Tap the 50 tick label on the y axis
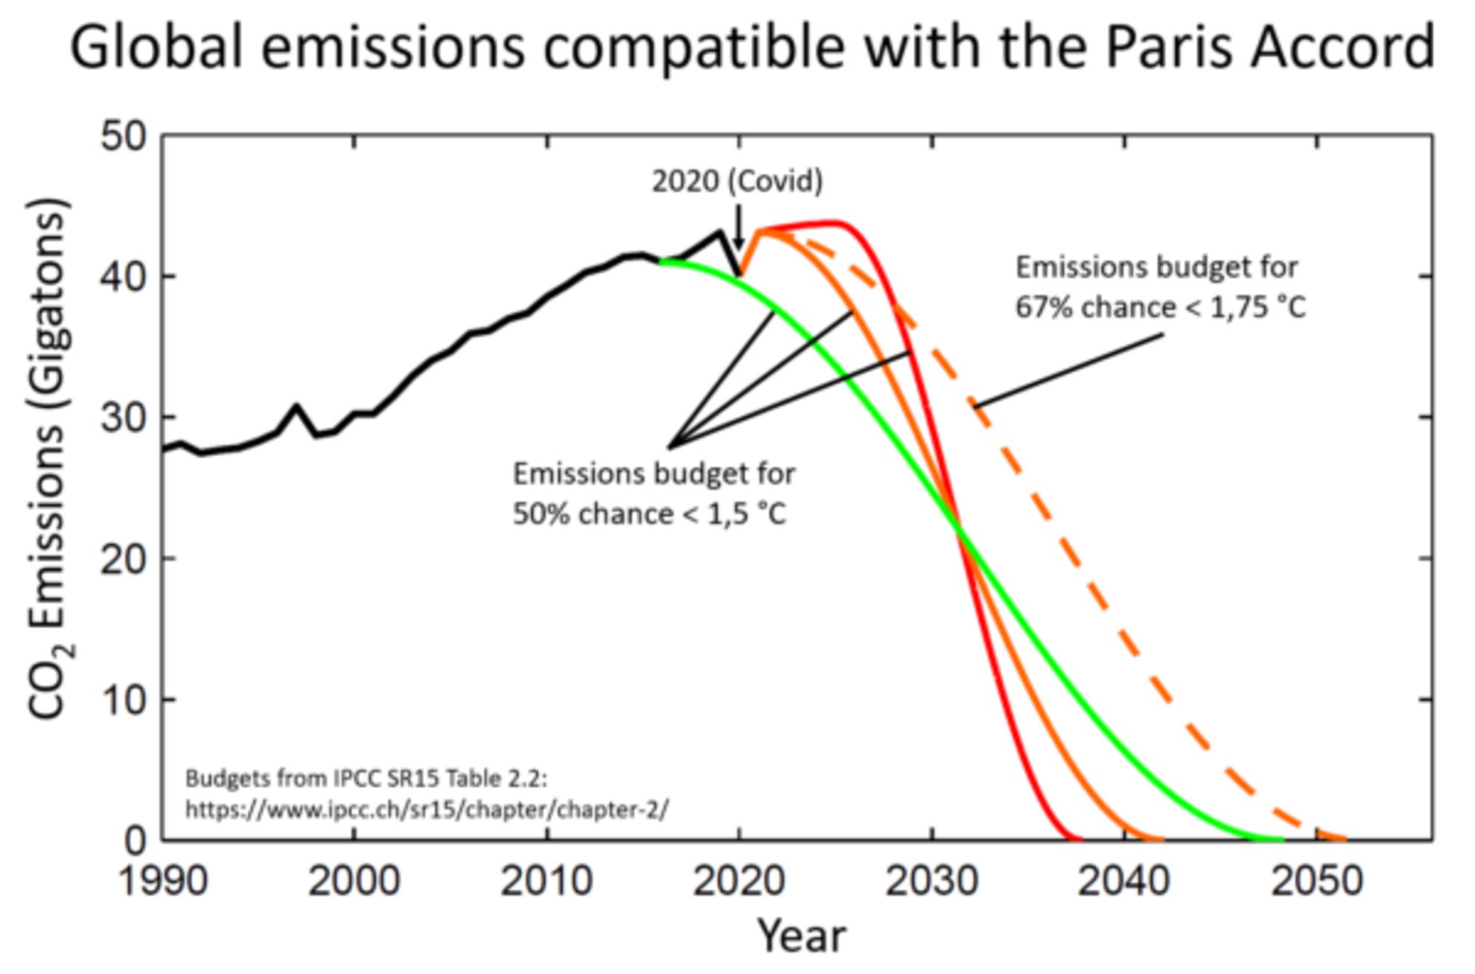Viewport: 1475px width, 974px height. pyautogui.click(x=124, y=136)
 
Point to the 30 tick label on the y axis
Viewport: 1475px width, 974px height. pyautogui.click(x=124, y=418)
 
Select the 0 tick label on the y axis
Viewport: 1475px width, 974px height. pyautogui.click(x=136, y=840)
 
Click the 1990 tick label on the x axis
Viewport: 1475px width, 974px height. pyautogui.click(x=163, y=881)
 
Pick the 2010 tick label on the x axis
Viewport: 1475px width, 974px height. pyautogui.click(x=546, y=881)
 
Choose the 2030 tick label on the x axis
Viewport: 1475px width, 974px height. pyautogui.click(x=931, y=881)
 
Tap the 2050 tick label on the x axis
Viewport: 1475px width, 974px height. pyautogui.click(x=1316, y=881)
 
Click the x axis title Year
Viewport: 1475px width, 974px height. pyautogui.click(x=802, y=936)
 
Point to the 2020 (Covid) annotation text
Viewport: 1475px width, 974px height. pyautogui.click(x=737, y=182)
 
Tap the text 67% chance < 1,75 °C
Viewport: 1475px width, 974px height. pyautogui.click(x=1160, y=307)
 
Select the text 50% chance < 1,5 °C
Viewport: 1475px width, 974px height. pyautogui.click(x=650, y=514)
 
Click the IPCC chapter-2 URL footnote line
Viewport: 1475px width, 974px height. pyautogui.click(x=426, y=809)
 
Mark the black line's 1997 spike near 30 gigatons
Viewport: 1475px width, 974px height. pyautogui.click(x=296, y=407)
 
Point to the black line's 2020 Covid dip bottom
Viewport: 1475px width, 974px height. pyautogui.click(x=740, y=275)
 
